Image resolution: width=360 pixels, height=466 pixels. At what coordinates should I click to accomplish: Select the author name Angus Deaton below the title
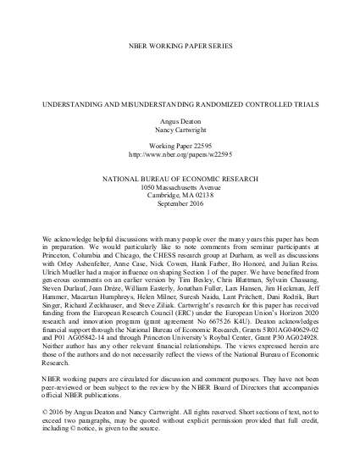(179, 123)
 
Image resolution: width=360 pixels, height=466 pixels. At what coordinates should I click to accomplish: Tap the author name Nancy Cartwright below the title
(179, 132)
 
